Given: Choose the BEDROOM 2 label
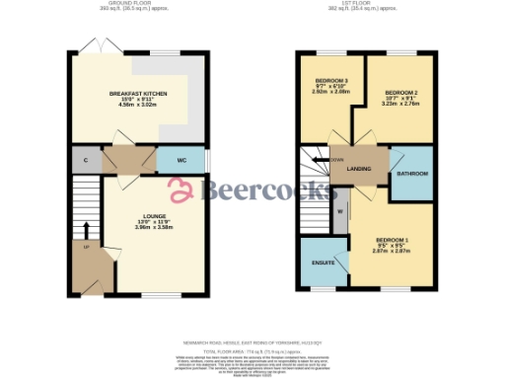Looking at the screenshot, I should pos(401,93).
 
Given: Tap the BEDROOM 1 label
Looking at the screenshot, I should pos(393,239).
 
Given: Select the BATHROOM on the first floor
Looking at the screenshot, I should pos(411,174).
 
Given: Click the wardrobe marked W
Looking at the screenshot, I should pos(340,211).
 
